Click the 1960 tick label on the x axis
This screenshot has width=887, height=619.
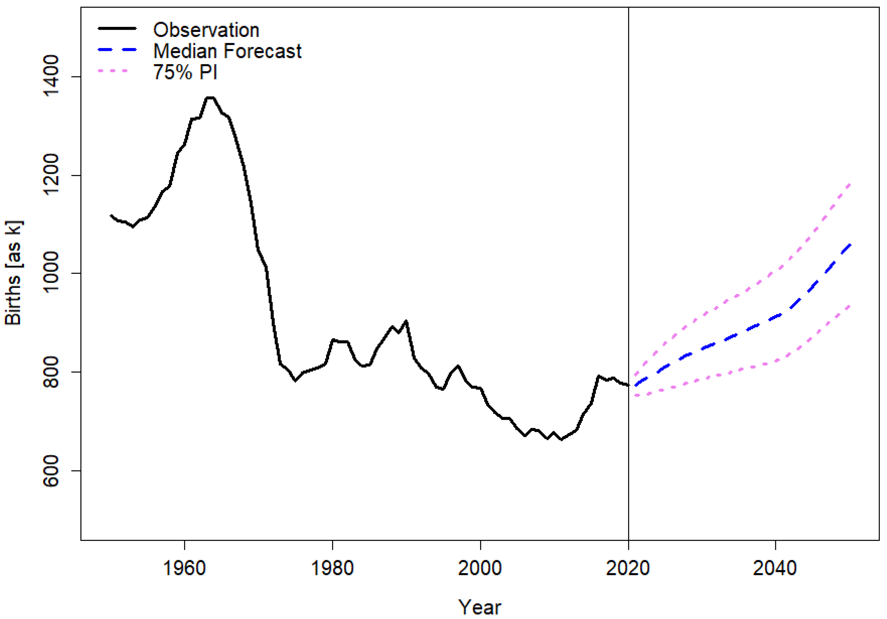[x=184, y=568]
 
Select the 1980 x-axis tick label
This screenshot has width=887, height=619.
[x=332, y=568]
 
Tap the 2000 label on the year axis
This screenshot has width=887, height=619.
[x=480, y=568]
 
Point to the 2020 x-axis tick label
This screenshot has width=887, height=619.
[x=628, y=568]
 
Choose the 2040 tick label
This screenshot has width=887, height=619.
[x=775, y=568]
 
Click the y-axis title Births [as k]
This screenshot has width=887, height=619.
[x=13, y=273]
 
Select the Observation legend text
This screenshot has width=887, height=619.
[x=206, y=30]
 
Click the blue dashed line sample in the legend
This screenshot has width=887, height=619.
[x=117, y=50]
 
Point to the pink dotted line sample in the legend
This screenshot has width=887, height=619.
[x=113, y=71]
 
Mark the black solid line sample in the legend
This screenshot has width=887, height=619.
[x=117, y=28]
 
